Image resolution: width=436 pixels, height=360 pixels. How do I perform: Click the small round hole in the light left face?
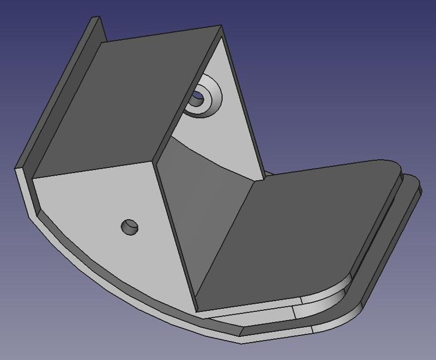129,226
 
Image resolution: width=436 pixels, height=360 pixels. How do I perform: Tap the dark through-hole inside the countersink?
197,100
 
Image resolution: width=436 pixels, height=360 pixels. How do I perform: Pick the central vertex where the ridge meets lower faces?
158,161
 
